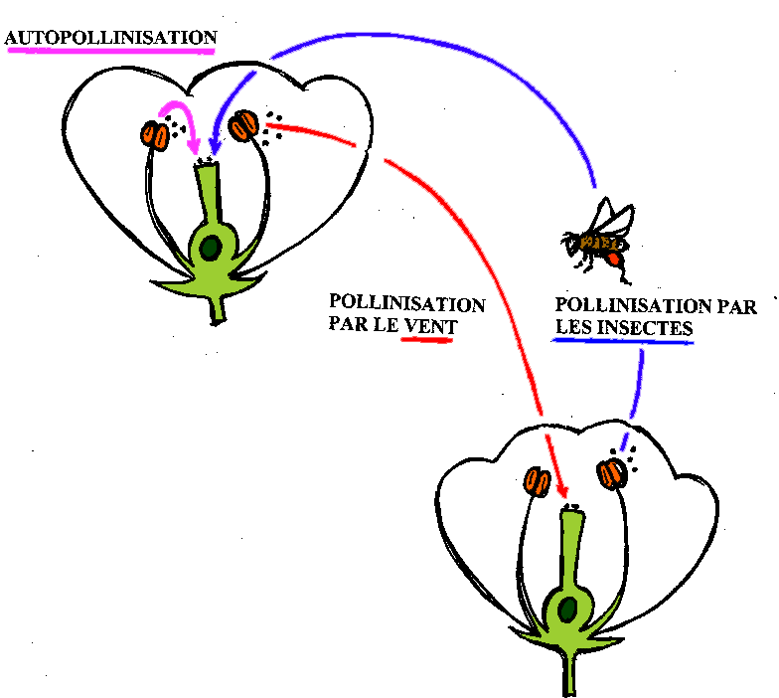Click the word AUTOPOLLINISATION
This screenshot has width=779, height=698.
click(x=110, y=38)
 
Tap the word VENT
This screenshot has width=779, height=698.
click(x=426, y=324)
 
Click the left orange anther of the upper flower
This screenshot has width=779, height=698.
click(x=155, y=134)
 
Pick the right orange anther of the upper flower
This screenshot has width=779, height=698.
click(x=243, y=127)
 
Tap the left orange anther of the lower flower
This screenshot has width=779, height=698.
click(x=538, y=482)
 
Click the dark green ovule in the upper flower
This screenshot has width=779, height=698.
click(x=211, y=247)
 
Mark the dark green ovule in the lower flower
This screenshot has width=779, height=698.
click(x=567, y=607)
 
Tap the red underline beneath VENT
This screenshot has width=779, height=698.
click(x=425, y=340)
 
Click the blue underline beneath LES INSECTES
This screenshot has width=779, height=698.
click(x=622, y=341)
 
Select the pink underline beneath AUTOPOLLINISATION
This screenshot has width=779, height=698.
click(x=110, y=52)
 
